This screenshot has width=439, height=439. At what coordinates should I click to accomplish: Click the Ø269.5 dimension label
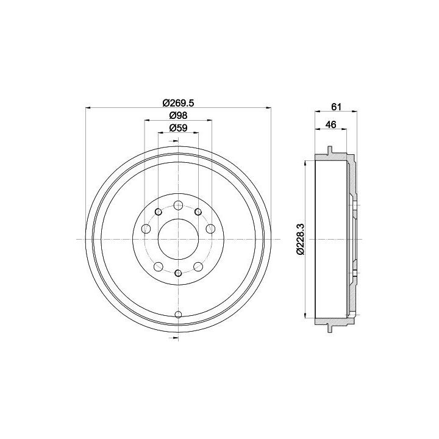pyautogui.click(x=178, y=103)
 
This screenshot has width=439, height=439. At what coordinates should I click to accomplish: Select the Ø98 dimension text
pyautogui.click(x=178, y=115)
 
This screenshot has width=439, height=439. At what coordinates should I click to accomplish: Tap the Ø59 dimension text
pyautogui.click(x=178, y=128)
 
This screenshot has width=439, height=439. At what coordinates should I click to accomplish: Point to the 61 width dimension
pyautogui.click(x=336, y=107)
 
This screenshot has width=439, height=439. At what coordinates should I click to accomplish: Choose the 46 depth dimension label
pyautogui.click(x=330, y=124)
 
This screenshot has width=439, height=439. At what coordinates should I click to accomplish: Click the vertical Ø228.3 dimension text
pyautogui.click(x=301, y=240)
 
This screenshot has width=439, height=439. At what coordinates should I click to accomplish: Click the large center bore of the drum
pyautogui.click(x=178, y=239)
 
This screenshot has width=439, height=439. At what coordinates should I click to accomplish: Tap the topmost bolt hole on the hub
pyautogui.click(x=178, y=205)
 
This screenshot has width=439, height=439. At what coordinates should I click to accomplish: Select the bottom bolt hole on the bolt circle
pyautogui.click(x=178, y=273)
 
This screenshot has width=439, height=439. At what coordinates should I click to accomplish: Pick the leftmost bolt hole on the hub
pyautogui.click(x=146, y=229)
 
